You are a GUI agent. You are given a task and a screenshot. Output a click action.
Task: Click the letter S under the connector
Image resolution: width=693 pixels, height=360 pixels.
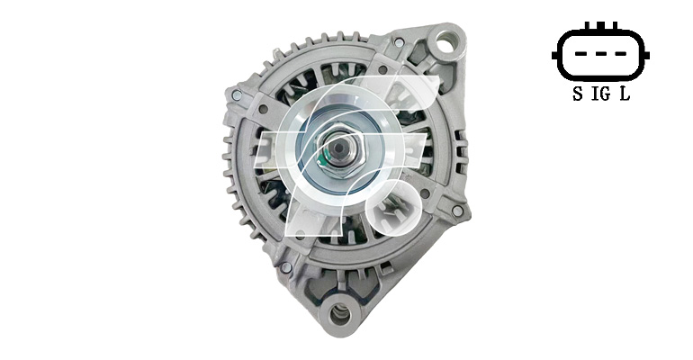pos(577,94)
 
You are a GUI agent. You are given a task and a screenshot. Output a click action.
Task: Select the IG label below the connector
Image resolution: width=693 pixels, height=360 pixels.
pos(601,94)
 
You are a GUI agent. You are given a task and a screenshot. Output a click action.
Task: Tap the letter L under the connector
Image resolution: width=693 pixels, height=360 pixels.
pos(625,94)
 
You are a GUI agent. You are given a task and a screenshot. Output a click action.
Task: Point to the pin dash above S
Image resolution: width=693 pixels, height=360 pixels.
pos(580,54)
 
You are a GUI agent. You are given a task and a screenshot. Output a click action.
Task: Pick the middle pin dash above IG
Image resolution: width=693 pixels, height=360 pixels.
pos(600,54)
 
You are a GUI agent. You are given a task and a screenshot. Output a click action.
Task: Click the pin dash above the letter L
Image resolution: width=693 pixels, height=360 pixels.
pos(621,54)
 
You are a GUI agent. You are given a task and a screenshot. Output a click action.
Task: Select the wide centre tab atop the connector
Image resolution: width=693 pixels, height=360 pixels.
pos(600,25)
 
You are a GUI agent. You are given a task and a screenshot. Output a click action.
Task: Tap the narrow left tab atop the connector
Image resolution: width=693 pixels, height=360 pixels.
pos(588,26)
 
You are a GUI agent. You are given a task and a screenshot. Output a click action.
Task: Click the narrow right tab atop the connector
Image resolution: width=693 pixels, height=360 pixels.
pos(614,26)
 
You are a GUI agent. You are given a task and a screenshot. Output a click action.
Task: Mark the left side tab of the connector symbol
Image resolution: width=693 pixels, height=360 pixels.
pos(555,56)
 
